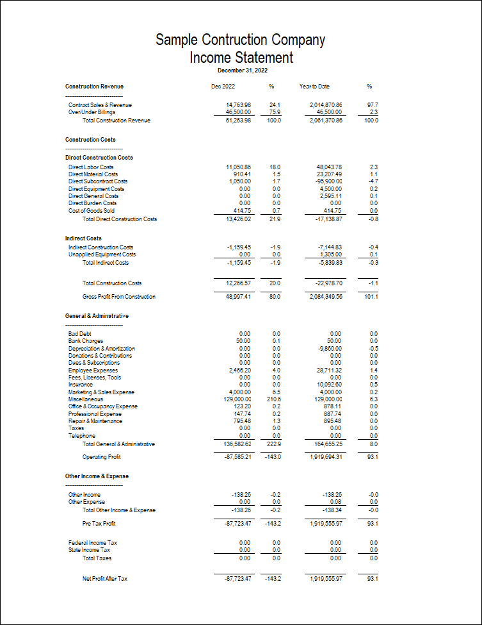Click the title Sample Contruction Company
(241, 40)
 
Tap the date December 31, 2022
(243, 70)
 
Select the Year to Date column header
(314, 86)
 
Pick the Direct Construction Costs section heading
(99, 157)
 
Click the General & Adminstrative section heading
(97, 316)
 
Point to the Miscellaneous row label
(86, 399)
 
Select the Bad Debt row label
(80, 334)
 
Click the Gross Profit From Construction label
(119, 297)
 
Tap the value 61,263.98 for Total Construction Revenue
(238, 121)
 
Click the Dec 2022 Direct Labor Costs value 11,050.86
(238, 167)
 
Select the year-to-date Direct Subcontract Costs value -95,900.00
(325, 181)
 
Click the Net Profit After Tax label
(105, 579)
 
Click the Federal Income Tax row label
(93, 543)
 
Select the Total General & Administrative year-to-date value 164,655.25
(325, 444)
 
